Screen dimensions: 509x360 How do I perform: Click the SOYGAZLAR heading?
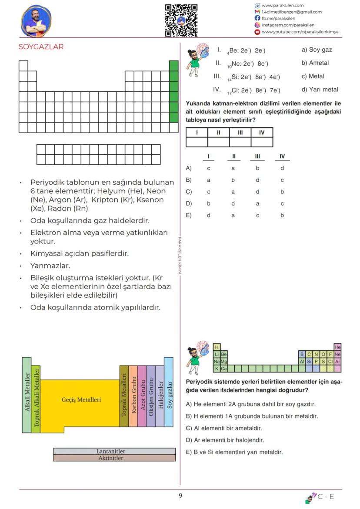41,47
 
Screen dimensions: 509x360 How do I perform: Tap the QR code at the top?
181,20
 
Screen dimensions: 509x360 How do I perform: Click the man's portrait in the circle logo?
36,20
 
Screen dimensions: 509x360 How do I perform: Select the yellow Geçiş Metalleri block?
81,399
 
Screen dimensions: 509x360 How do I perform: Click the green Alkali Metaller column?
27,395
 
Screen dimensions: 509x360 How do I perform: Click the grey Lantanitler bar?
114,452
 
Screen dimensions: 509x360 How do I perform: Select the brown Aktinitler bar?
114,458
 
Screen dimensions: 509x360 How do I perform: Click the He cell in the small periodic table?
338,347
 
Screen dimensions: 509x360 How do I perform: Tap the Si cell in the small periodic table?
309,362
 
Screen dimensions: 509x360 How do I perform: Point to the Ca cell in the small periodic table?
224,369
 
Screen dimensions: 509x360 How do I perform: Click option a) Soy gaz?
317,50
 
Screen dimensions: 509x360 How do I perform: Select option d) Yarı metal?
320,90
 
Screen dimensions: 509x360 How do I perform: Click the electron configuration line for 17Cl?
253,90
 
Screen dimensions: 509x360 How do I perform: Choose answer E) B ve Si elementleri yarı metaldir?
234,452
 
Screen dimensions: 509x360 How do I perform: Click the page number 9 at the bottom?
180,496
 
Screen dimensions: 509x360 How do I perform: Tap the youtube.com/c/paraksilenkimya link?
300,32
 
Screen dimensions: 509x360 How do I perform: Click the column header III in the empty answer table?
240,133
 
